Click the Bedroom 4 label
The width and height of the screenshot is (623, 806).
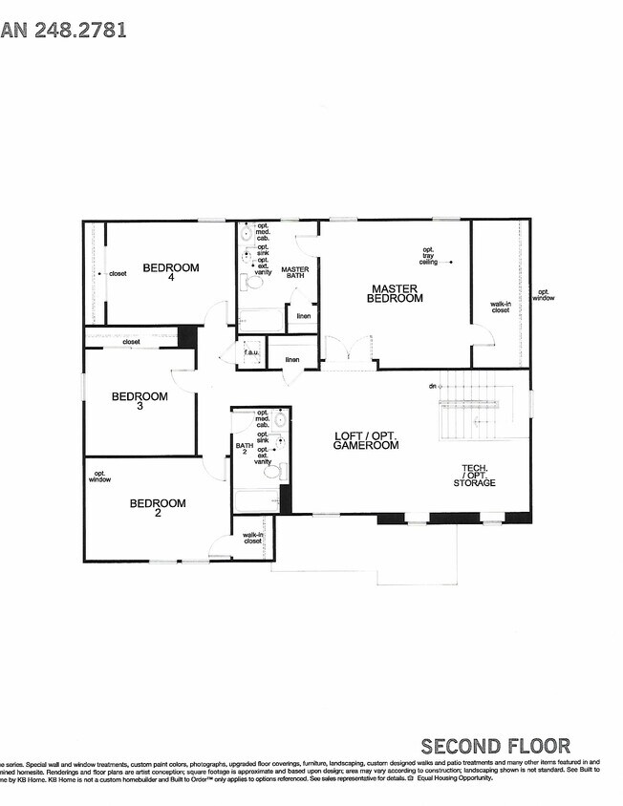coord(171,272)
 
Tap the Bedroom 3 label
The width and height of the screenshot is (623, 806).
coord(140,400)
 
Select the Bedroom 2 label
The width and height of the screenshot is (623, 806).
coord(158,508)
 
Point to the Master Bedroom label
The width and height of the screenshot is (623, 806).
coord(397,293)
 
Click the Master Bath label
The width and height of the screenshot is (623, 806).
coord(295,273)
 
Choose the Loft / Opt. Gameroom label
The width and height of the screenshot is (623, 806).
coord(365,440)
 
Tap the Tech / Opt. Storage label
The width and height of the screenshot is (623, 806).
coord(474,476)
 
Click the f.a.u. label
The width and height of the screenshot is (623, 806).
coord(251,351)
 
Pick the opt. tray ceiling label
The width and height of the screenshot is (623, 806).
coord(428,256)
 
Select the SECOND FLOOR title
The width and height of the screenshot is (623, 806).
coord(495,746)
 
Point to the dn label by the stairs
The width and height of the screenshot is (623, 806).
coord(432,386)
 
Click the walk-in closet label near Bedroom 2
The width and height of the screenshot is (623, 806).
coord(253,538)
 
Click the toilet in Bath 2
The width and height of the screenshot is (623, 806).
coord(271,471)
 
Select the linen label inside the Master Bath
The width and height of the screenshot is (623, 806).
coord(303,315)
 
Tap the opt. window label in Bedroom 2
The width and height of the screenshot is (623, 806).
coord(99,476)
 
